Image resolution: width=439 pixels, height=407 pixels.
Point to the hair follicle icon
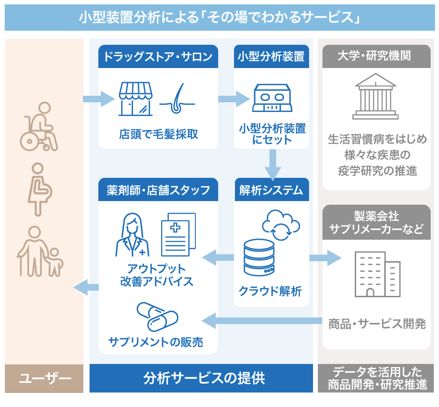[x=176, y=99]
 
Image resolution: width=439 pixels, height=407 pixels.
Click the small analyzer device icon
[x=271, y=98]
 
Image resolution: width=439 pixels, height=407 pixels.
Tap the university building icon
[x=375, y=96]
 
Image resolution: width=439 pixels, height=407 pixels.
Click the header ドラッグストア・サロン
[x=158, y=57]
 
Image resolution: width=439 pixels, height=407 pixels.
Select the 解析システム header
[x=271, y=190]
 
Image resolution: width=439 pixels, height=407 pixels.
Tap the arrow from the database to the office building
[x=325, y=258]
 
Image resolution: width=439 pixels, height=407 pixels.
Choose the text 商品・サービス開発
[x=377, y=324]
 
